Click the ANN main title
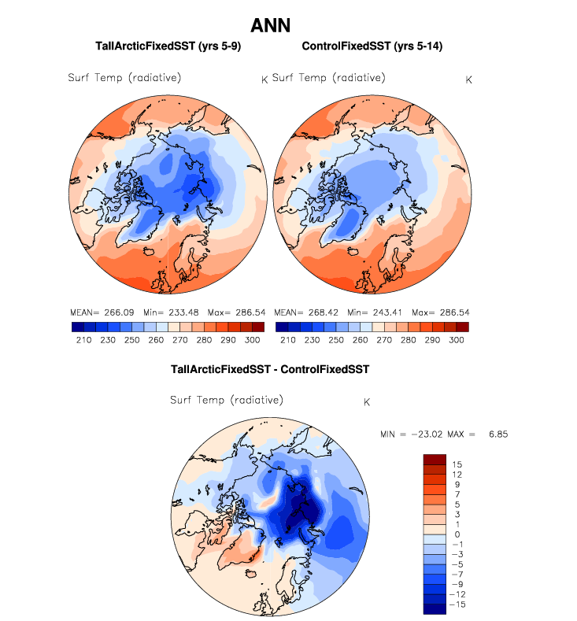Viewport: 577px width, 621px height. click(x=270, y=25)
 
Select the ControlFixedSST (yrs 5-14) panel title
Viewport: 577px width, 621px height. click(x=372, y=47)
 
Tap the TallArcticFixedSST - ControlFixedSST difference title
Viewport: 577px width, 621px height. click(x=270, y=368)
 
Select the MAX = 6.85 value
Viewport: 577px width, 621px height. click(x=472, y=434)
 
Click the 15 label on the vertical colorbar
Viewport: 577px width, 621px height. click(x=457, y=465)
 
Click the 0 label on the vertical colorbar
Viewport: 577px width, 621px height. click(x=457, y=534)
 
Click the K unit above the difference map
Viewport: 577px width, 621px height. click(x=367, y=402)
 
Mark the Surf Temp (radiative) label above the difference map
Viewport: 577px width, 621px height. click(x=227, y=401)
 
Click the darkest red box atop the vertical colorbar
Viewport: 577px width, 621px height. click(x=435, y=460)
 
